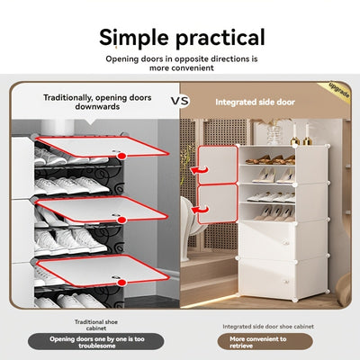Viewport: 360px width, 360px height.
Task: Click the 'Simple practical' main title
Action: point(182,37)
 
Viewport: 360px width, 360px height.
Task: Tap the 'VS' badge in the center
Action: point(178,101)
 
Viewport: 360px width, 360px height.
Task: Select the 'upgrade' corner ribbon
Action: point(339,92)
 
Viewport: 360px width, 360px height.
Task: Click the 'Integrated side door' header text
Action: point(255,102)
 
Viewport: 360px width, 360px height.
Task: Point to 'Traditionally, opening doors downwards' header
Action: point(98,101)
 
